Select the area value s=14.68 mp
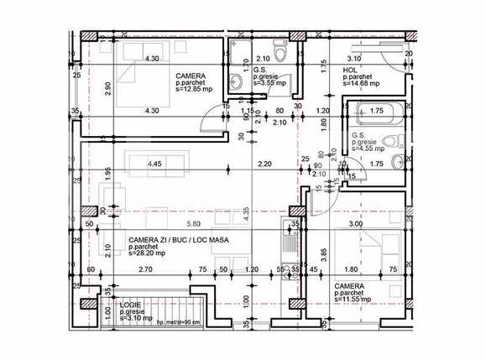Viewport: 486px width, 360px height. (362, 84)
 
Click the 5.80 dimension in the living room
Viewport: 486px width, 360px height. (195, 224)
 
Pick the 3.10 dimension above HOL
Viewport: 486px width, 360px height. (354, 59)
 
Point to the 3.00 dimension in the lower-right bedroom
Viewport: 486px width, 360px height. (355, 224)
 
